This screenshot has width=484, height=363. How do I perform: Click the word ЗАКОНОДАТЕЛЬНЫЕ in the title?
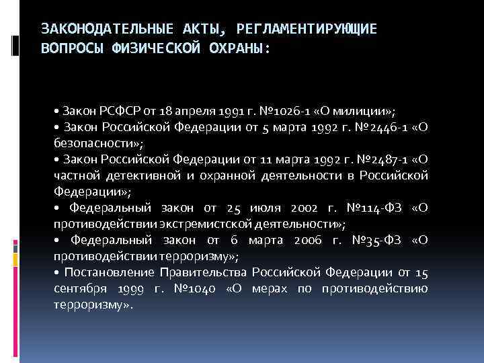pos(91,28)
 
